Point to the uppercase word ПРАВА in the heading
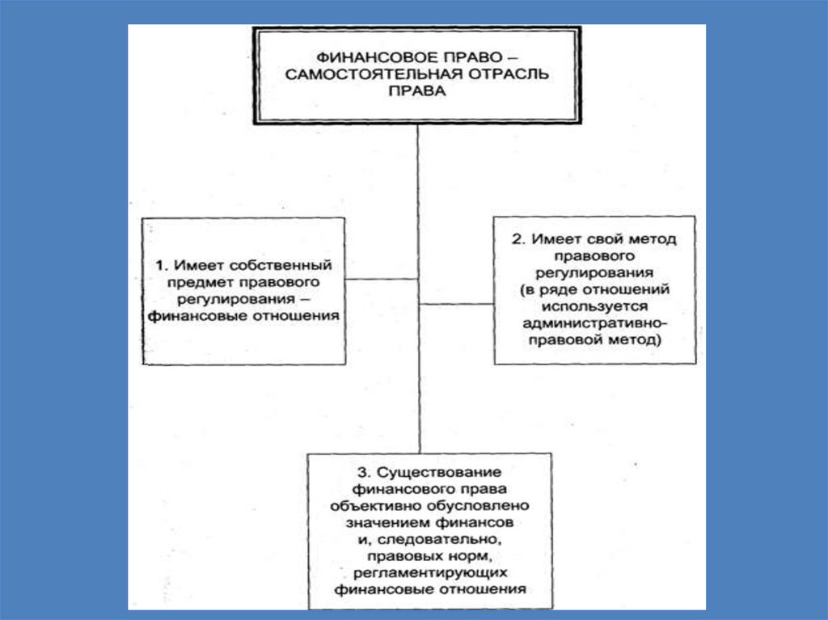417,93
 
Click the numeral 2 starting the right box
513,240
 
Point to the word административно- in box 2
594,324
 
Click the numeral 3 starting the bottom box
361,472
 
